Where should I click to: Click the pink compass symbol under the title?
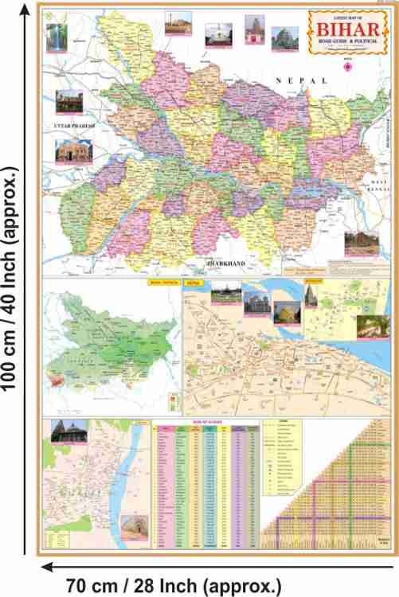(346, 67)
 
